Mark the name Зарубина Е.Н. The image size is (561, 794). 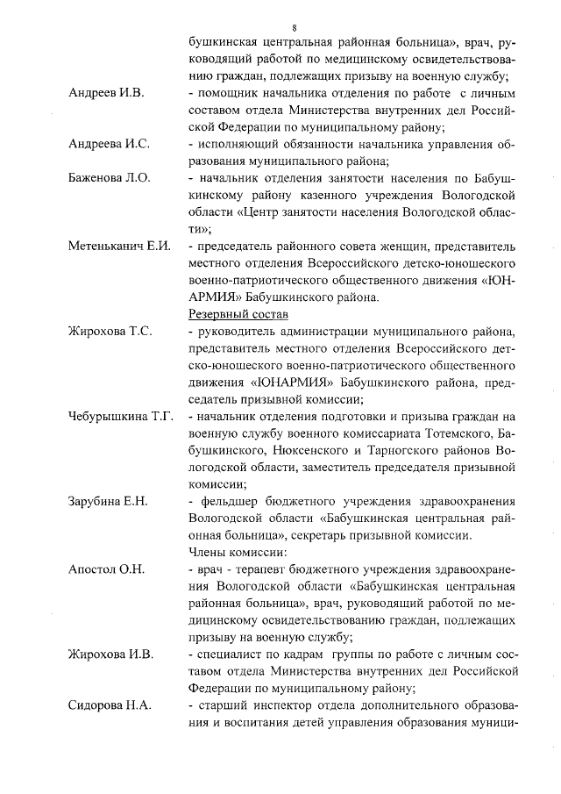pos(109,501)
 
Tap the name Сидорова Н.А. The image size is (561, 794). pos(110,705)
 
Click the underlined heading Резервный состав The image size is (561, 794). pos(238,313)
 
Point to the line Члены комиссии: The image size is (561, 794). pos(232,552)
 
